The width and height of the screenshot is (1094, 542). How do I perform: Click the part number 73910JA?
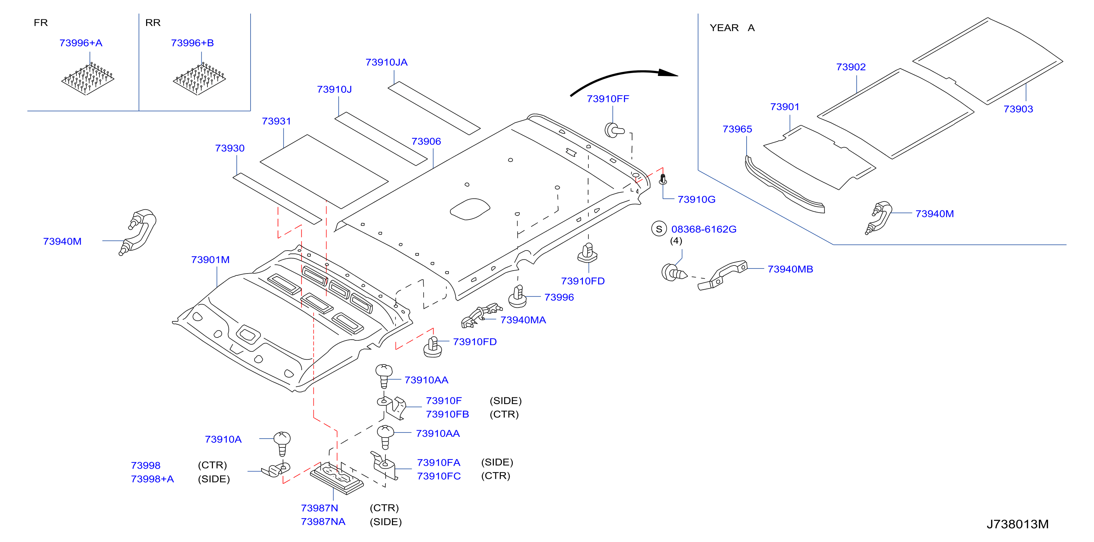click(386, 62)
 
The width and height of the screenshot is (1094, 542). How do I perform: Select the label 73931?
click(277, 122)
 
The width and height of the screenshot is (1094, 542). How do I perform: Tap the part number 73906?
click(426, 141)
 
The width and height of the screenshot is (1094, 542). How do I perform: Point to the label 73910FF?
click(608, 99)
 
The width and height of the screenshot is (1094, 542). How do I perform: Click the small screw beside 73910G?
click(663, 179)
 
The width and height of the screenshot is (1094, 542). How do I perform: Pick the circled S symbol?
click(659, 229)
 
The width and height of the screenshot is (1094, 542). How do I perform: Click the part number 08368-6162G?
click(704, 229)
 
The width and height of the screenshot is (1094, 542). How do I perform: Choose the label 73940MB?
click(790, 269)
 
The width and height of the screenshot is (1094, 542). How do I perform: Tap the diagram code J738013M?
click(1017, 524)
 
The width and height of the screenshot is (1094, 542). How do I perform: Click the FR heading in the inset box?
click(41, 23)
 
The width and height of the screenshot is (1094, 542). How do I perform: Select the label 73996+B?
click(193, 43)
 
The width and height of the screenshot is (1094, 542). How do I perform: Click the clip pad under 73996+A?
click(88, 79)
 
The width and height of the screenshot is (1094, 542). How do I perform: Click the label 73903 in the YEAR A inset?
click(1018, 109)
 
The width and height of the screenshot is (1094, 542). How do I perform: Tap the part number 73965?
click(737, 129)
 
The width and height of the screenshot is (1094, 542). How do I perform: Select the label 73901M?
click(210, 260)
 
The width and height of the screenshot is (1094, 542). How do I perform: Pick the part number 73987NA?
click(323, 522)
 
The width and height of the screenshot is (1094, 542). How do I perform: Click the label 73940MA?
click(523, 320)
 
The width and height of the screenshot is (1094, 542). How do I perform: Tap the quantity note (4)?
click(676, 241)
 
